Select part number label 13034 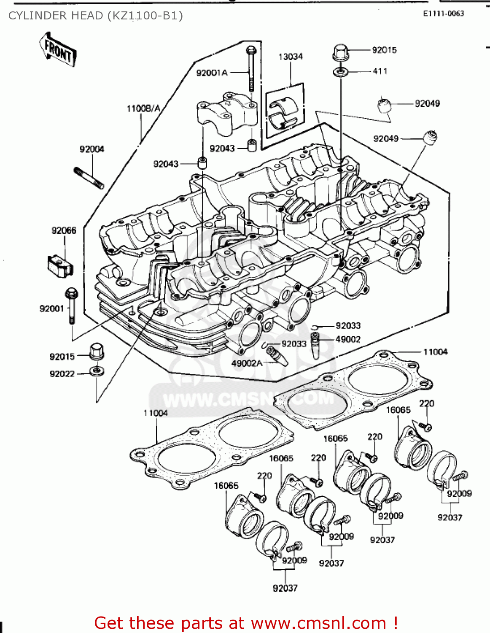290,57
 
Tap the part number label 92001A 212,73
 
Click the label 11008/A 143,108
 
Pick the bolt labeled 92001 72,306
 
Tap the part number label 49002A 247,363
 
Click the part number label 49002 348,339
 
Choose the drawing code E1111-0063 444,14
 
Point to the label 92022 62,374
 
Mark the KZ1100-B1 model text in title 145,16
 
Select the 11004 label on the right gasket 435,352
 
